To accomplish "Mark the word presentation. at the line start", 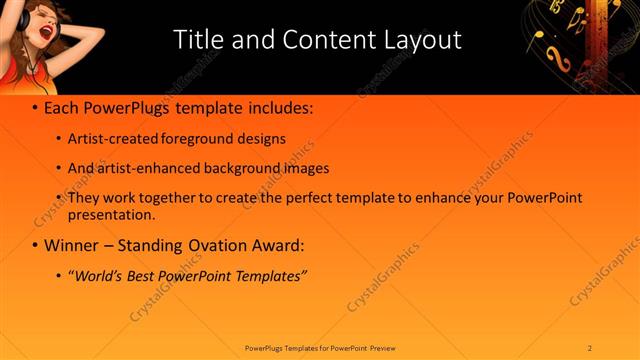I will coord(111,214).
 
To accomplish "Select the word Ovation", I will coord(225,244).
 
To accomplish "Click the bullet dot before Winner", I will coord(35,245).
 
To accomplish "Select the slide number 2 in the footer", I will coord(590,347).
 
